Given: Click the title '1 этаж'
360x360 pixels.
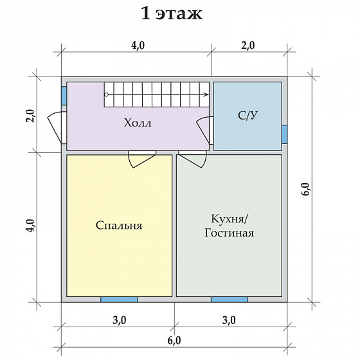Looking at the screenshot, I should (170, 14).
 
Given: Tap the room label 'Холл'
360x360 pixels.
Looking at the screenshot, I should (138, 123).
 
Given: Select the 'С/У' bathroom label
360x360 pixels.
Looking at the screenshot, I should (247, 116).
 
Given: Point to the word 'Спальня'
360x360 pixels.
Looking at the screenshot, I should (119, 226).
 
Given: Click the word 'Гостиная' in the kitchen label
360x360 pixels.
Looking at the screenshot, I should (229, 233).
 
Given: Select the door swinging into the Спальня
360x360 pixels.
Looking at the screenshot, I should (141, 159).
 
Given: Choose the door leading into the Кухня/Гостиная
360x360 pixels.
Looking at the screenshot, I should (193, 158).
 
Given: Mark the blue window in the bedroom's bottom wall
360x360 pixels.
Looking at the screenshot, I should (119, 299).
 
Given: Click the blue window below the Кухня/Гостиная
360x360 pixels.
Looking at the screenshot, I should (230, 299).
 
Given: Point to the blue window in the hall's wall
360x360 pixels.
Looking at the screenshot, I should (64, 95).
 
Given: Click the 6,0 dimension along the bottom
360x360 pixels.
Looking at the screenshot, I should (174, 340).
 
